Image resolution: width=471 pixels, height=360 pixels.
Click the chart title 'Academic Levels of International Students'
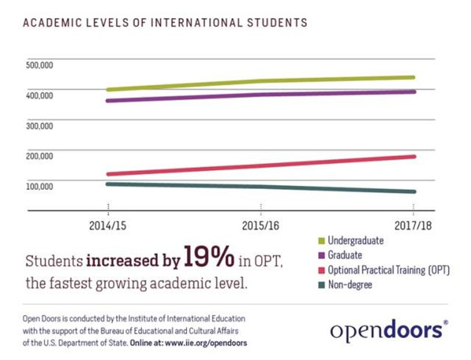coord(165,23)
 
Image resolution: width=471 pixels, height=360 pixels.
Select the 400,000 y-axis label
coord(38,95)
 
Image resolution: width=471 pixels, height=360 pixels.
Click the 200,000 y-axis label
coord(38,155)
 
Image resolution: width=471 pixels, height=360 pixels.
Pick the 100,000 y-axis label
coord(38,186)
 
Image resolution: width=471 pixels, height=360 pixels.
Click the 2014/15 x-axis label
coord(108,224)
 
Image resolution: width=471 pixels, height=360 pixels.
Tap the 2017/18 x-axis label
coord(413,224)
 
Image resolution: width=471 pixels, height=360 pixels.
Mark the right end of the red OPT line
coord(413,156)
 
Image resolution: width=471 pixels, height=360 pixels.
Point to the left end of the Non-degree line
coord(108,184)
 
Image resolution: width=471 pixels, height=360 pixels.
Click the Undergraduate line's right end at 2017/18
coord(413,78)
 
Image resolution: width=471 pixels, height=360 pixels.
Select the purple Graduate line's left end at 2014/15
coord(108,100)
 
